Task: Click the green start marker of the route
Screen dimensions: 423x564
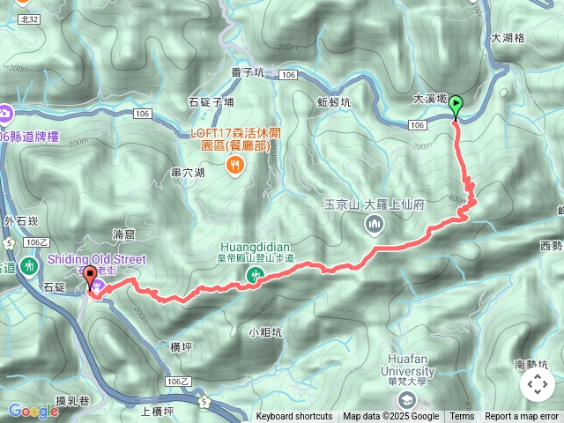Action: coord(456,107)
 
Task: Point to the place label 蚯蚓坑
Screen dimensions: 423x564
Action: coord(334,102)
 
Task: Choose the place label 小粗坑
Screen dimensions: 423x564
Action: coord(265,332)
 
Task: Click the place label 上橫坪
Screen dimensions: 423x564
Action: coord(158,410)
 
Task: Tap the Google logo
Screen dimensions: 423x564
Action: coord(33,411)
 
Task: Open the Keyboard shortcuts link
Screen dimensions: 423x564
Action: coord(294,417)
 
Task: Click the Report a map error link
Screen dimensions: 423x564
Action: coord(522,417)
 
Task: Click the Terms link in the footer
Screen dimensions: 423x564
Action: coord(462,417)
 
